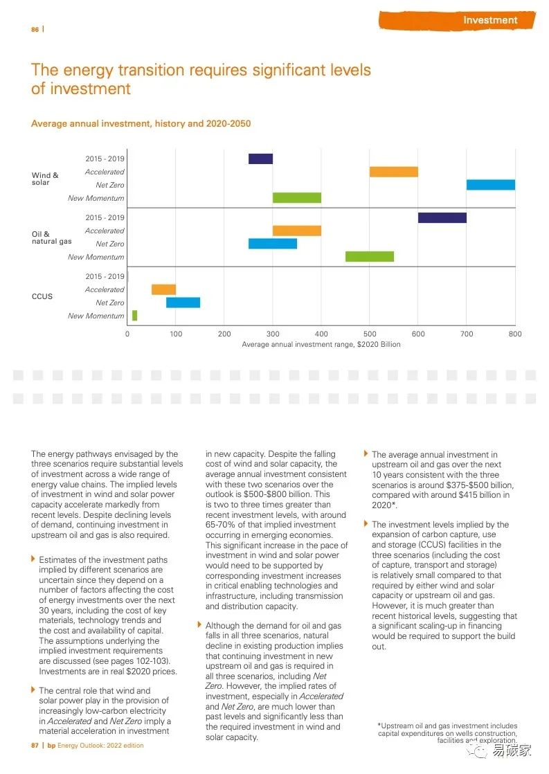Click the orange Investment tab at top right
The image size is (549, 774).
tap(490, 20)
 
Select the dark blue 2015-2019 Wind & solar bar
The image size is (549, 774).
tap(260, 159)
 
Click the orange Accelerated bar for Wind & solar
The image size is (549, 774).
tap(393, 172)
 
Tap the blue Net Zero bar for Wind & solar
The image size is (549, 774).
tap(490, 185)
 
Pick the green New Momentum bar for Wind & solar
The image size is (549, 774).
tap(296, 198)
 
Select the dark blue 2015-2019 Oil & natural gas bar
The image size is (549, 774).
tap(442, 217)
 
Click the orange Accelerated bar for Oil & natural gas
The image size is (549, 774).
tap(296, 231)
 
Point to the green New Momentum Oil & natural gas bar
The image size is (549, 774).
tap(369, 257)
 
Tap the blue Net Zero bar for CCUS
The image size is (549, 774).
tap(183, 303)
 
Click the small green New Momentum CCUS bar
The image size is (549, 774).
tap(134, 316)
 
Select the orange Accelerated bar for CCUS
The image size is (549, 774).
tap(163, 289)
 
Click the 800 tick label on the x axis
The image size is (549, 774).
tap(514, 334)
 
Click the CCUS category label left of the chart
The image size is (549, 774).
tap(42, 296)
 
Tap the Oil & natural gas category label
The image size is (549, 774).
tap(51, 237)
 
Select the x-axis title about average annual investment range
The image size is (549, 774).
tap(321, 344)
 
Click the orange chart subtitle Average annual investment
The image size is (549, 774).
tap(141, 124)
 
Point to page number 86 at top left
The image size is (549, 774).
tap(35, 29)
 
